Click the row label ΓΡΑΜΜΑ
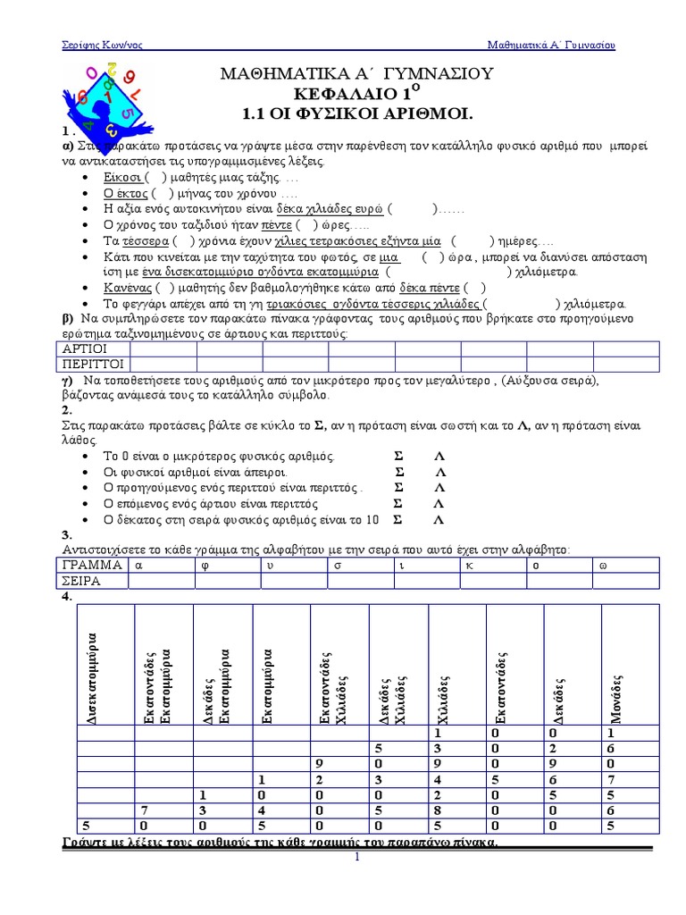pos(92,565)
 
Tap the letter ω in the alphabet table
pos(603,565)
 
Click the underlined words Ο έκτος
pos(125,194)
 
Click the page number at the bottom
pos(356,858)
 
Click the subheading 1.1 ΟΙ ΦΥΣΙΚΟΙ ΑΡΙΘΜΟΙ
pos(356,114)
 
